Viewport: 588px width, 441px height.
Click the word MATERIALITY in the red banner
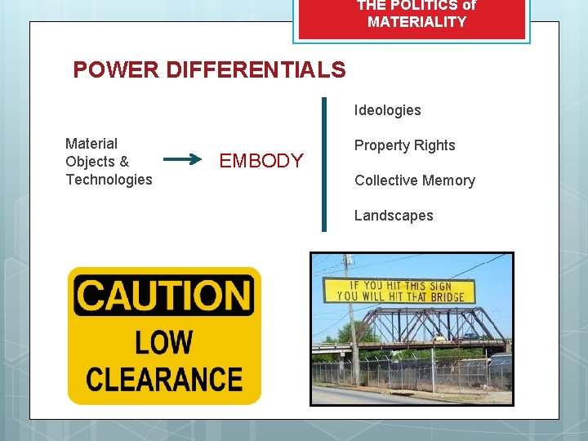[416, 22]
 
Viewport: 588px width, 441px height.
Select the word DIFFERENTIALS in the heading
[256, 70]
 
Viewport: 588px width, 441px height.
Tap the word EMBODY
[261, 161]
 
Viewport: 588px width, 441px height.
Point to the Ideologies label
[387, 110]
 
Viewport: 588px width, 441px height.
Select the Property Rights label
[404, 145]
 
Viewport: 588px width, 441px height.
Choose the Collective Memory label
[414, 180]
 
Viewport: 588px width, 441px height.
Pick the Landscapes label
[394, 216]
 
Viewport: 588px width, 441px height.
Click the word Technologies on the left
[109, 180]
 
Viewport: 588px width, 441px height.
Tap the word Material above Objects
[91, 144]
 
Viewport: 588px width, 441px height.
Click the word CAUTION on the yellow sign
[163, 295]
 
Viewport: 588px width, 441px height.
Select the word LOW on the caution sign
[164, 342]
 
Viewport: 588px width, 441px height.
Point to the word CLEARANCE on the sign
[164, 379]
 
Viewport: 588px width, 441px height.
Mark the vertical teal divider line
[324, 164]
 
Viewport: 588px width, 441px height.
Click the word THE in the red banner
[372, 5]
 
